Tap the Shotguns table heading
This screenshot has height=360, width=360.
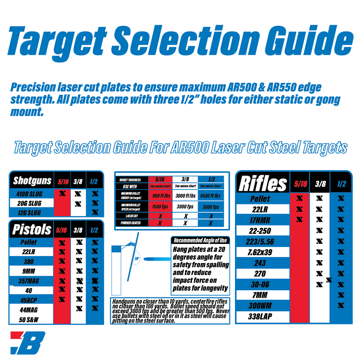pyautogui.click(x=32, y=181)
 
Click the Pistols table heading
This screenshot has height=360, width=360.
pyautogui.click(x=31, y=229)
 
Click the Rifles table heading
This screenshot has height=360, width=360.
pyautogui.click(x=263, y=183)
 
